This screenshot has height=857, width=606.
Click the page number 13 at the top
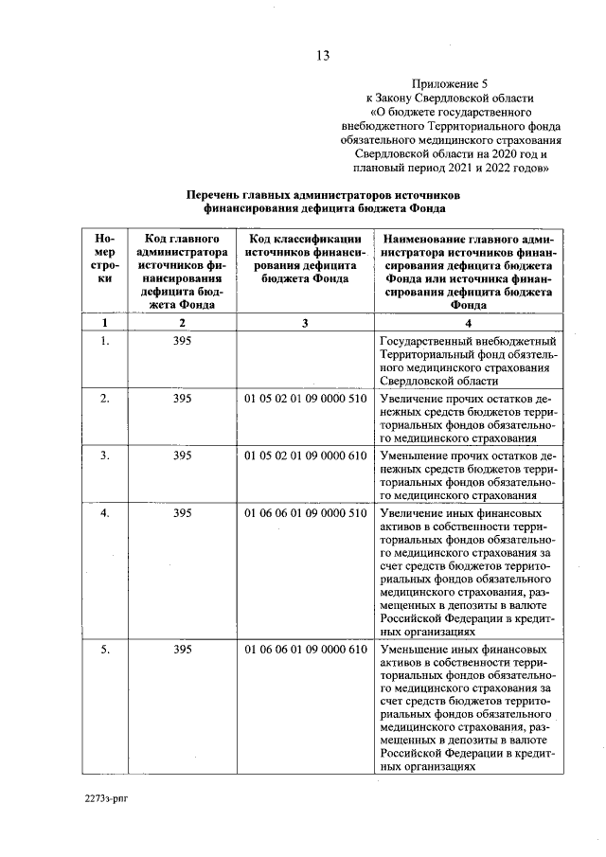click(x=322, y=55)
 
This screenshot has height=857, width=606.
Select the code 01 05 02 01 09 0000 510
click(x=305, y=399)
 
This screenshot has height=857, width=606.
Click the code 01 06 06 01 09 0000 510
click(x=305, y=513)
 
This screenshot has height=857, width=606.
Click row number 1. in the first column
click(x=105, y=341)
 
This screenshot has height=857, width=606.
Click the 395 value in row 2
click(x=183, y=399)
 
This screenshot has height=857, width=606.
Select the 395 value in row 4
click(x=183, y=513)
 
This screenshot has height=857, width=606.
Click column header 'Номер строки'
click(x=105, y=259)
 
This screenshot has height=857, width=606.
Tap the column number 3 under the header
click(x=305, y=324)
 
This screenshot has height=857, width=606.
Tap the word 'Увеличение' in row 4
click(x=413, y=513)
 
